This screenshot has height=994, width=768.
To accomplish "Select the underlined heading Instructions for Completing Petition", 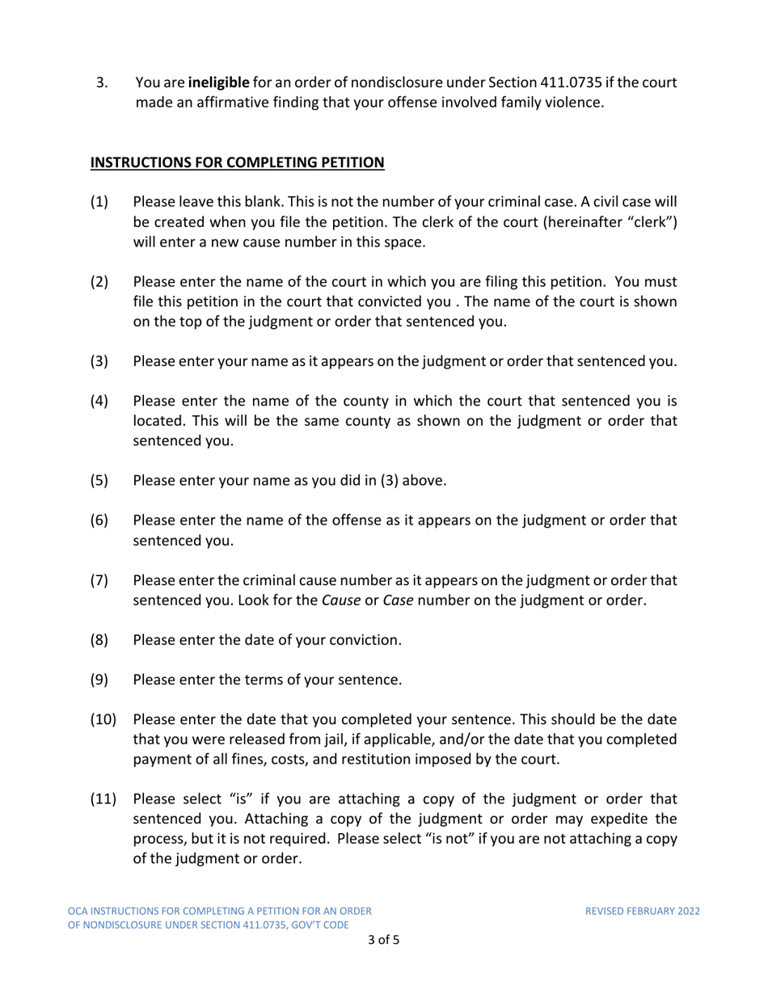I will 237,163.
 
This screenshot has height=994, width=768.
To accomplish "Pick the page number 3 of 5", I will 383,940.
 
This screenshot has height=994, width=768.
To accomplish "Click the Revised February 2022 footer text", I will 643,911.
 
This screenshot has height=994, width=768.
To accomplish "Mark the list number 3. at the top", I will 102,82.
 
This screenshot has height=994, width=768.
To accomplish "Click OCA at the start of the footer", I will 78,911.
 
